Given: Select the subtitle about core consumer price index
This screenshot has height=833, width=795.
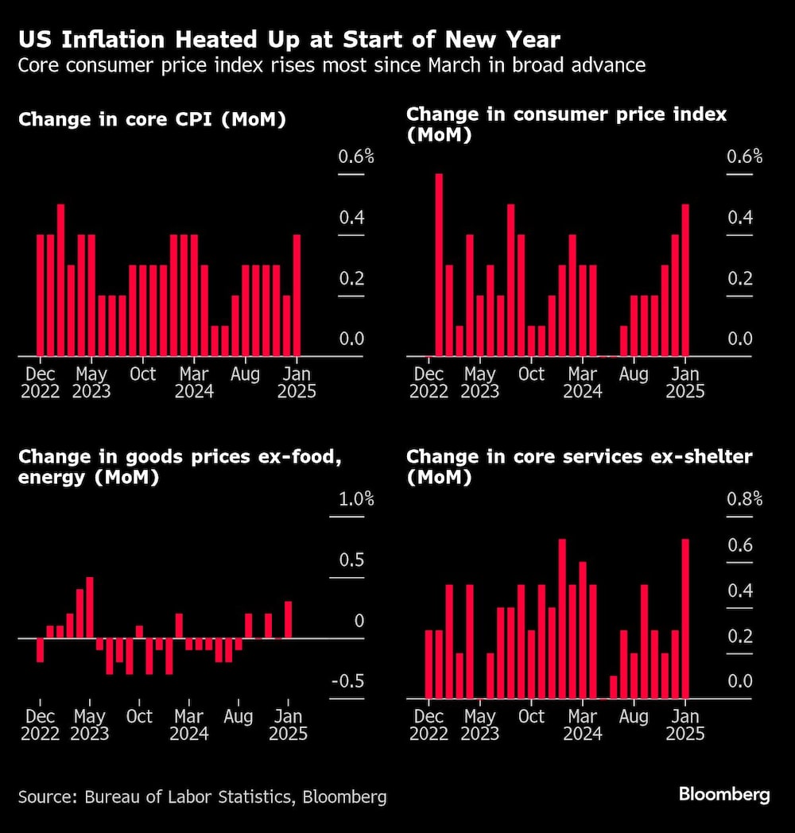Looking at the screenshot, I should tap(332, 65).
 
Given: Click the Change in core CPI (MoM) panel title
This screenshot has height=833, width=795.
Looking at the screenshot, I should tap(152, 120).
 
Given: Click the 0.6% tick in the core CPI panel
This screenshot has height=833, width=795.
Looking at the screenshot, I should tap(355, 157).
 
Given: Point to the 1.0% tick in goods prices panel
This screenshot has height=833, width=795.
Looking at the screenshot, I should tap(355, 500).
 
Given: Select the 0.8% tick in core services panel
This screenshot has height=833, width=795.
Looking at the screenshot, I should tap(744, 500).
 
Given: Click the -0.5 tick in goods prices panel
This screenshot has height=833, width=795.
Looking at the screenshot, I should tap(347, 682).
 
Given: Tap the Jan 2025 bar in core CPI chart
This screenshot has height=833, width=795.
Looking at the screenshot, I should tap(297, 295).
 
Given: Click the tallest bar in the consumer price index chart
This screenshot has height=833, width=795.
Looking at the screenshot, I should tap(439, 265).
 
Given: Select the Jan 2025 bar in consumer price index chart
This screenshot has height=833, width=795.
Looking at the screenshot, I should tap(685, 280).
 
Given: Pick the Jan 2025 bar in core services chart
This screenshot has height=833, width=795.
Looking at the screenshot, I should tap(685, 618).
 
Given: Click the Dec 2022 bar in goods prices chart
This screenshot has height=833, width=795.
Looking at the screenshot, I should tap(40, 649).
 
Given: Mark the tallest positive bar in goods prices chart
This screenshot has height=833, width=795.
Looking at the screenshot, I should tap(90, 607).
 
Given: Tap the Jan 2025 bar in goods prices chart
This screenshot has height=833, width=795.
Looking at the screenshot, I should tap(288, 619).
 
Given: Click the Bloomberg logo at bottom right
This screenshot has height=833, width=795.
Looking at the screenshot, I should tap(723, 794).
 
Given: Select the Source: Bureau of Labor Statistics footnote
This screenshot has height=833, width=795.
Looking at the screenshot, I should tap(202, 796).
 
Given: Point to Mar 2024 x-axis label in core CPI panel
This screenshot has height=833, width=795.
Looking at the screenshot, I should tap(194, 382).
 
